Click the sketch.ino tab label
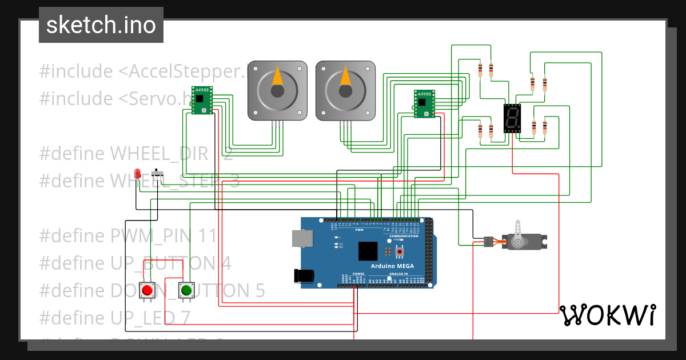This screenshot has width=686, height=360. pyautogui.click(x=101, y=25)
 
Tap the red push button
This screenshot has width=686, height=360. pyautogui.click(x=147, y=290)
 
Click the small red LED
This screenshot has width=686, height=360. pyautogui.click(x=137, y=173)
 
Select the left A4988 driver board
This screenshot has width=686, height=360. pyautogui.click(x=202, y=100)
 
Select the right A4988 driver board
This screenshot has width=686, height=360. pyautogui.click(x=424, y=104)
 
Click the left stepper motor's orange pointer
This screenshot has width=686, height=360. pyautogui.click(x=277, y=77)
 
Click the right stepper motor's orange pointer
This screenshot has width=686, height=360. pyautogui.click(x=345, y=77)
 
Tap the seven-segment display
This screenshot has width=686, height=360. pyautogui.click(x=512, y=119)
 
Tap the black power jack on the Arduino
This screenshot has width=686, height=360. pyautogui.click(x=304, y=275)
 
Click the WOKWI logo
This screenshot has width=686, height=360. pyautogui.click(x=607, y=315)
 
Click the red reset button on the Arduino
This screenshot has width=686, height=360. pyautogui.click(x=400, y=251)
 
